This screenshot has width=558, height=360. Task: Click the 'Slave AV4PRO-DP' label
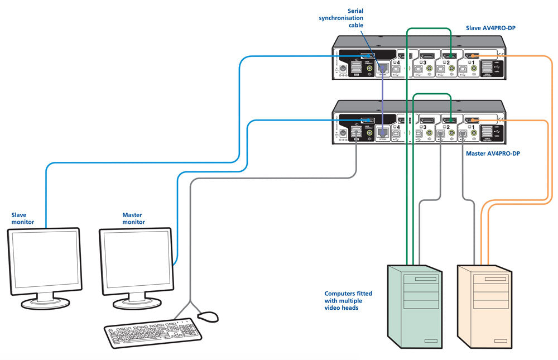[x=491, y=28]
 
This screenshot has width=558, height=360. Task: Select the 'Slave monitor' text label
[x=23, y=218]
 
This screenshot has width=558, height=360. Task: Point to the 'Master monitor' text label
[x=134, y=218]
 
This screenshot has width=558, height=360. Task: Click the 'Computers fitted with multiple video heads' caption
[x=348, y=300]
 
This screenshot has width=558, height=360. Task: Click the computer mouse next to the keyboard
[x=208, y=316]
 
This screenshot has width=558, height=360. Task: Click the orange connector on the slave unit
[x=472, y=55]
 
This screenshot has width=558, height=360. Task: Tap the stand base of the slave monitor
[x=45, y=303]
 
